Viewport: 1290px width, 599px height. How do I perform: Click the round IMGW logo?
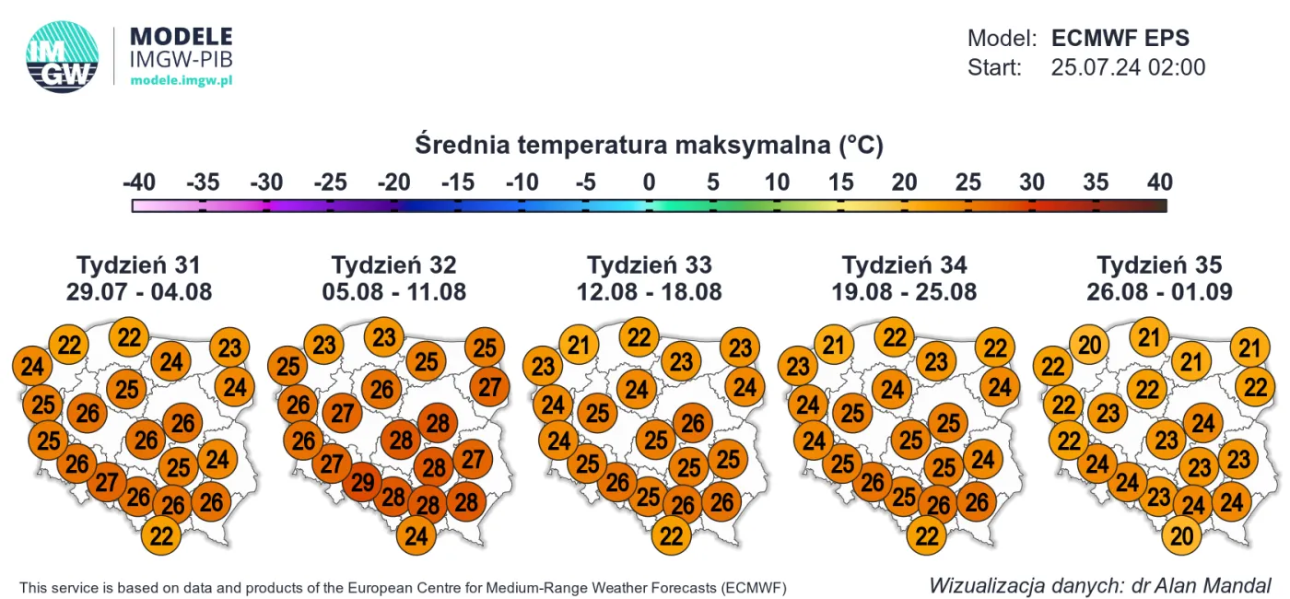pyautogui.click(x=62, y=57)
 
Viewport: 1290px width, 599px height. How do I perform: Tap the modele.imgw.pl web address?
pyautogui.click(x=181, y=81)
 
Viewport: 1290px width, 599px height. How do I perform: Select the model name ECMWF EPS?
pyautogui.click(x=1120, y=39)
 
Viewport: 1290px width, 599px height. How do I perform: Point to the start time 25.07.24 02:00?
pyautogui.click(x=1128, y=67)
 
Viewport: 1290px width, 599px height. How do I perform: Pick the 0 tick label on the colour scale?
pyautogui.click(x=649, y=182)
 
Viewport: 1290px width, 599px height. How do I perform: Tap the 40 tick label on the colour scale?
pyautogui.click(x=1159, y=182)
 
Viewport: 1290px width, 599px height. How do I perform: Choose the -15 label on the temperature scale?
pyautogui.click(x=458, y=182)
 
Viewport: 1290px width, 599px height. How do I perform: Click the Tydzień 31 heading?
pyautogui.click(x=138, y=265)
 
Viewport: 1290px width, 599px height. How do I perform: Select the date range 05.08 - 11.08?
pyautogui.click(x=393, y=293)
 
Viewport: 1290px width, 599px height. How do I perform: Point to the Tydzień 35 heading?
pyautogui.click(x=1159, y=265)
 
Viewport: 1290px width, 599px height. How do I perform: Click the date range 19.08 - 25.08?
pyautogui.click(x=904, y=293)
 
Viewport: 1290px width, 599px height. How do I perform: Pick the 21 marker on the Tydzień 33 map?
pyautogui.click(x=579, y=346)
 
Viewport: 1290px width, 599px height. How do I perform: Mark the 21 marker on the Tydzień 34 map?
pyautogui.click(x=834, y=346)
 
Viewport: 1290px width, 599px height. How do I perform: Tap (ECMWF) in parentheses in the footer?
pyautogui.click(x=755, y=587)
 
